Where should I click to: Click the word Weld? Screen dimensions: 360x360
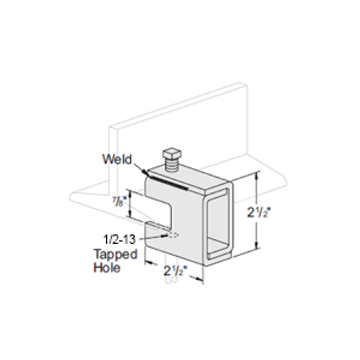pos(117,159)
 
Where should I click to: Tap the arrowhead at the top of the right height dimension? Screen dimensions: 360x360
pos(256,175)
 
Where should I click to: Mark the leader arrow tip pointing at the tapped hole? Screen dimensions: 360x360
pos(165,235)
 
